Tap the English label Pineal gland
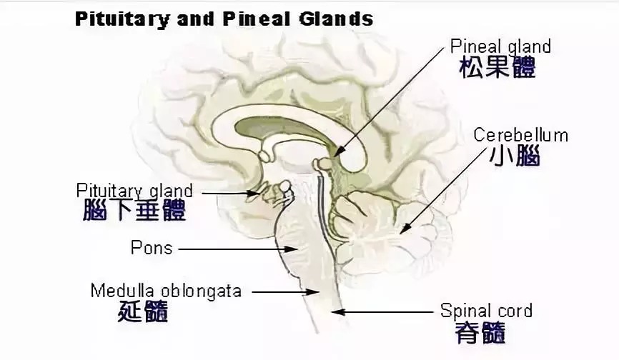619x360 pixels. click(x=500, y=46)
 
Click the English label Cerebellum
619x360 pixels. click(x=520, y=135)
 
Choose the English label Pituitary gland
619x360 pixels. click(x=134, y=191)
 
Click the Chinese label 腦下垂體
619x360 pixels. click(x=134, y=211)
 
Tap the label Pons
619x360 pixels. click(x=152, y=248)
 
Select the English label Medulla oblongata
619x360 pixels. click(x=166, y=291)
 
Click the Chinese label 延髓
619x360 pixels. click(x=144, y=312)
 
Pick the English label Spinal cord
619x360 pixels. click(x=486, y=311)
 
